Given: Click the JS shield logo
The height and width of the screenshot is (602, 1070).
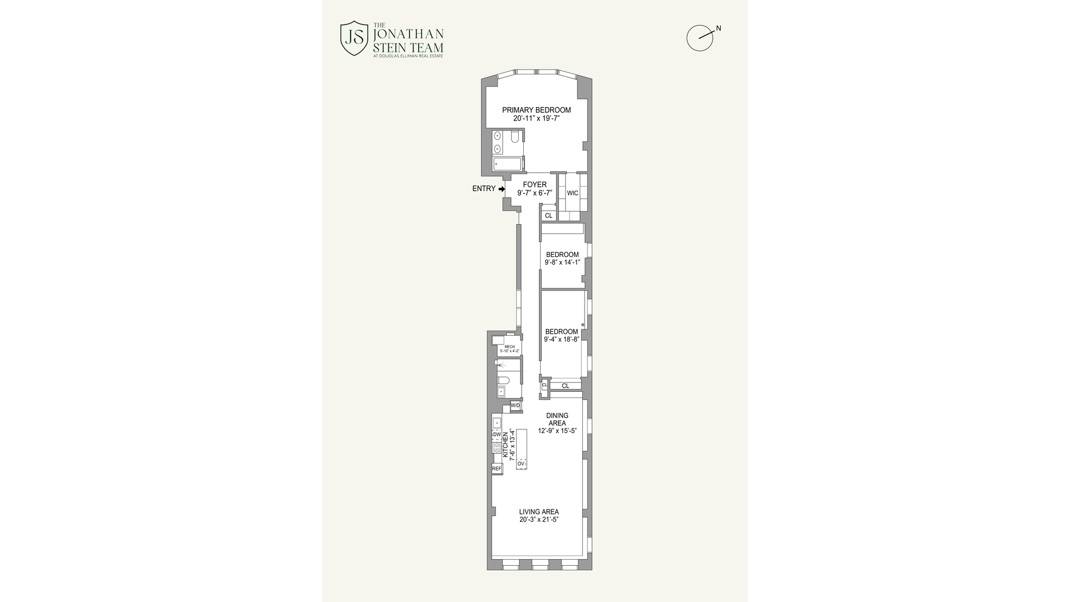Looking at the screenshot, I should pos(354,38).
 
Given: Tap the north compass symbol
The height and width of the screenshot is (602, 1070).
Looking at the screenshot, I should pos(700,38).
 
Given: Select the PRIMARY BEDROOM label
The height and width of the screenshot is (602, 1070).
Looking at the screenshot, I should pos(536,110).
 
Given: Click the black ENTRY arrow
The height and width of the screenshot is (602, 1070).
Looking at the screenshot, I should pos(502,189).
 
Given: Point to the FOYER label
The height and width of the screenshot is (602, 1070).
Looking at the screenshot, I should pos(534,185).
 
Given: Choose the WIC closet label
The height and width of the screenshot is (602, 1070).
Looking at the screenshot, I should pos(572,193).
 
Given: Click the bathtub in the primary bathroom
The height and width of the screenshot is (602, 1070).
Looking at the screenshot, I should pos(508,164).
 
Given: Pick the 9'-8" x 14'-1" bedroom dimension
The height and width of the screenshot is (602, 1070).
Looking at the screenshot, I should pos(562,262).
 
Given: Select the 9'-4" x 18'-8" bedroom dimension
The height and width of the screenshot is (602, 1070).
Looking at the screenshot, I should pos(562,339).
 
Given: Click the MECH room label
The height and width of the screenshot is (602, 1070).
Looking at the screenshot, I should pos(509,347).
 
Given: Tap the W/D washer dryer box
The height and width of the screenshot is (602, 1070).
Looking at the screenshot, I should pos(515,406).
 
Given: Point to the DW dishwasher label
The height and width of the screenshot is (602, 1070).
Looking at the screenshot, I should pos(497,434).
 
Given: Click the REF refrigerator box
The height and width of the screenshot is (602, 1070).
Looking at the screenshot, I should pos(497,469).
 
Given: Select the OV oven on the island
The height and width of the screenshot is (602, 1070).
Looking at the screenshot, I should pos(521,464).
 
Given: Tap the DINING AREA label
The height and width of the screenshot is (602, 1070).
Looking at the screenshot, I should pos(557,419).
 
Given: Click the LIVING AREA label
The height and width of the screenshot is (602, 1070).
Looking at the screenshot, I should pos(538,512).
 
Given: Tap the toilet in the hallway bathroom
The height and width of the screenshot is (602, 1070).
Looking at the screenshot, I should pos(503,381).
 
